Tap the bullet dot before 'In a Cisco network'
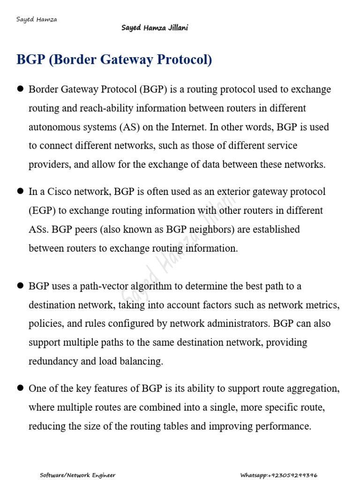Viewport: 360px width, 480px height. tap(20, 191)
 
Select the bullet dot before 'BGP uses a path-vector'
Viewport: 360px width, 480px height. tap(20, 285)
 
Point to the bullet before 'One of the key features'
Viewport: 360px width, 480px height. tap(20, 388)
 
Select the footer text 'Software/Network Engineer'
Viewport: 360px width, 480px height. tap(77, 475)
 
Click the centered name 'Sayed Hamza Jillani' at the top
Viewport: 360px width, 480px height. tap(155, 28)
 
